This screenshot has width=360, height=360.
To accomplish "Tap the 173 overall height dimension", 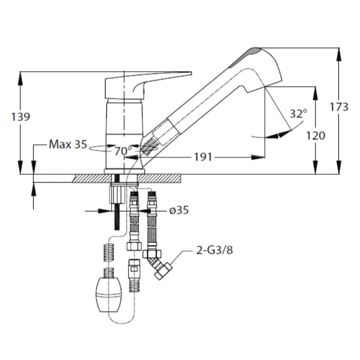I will [x=339, y=107].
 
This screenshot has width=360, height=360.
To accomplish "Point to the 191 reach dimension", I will [x=203, y=157].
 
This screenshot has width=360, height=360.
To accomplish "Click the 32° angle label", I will [x=298, y=114].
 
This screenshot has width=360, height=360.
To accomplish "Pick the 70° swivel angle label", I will [x=123, y=151].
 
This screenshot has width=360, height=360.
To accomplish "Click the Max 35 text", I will [x=68, y=144].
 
